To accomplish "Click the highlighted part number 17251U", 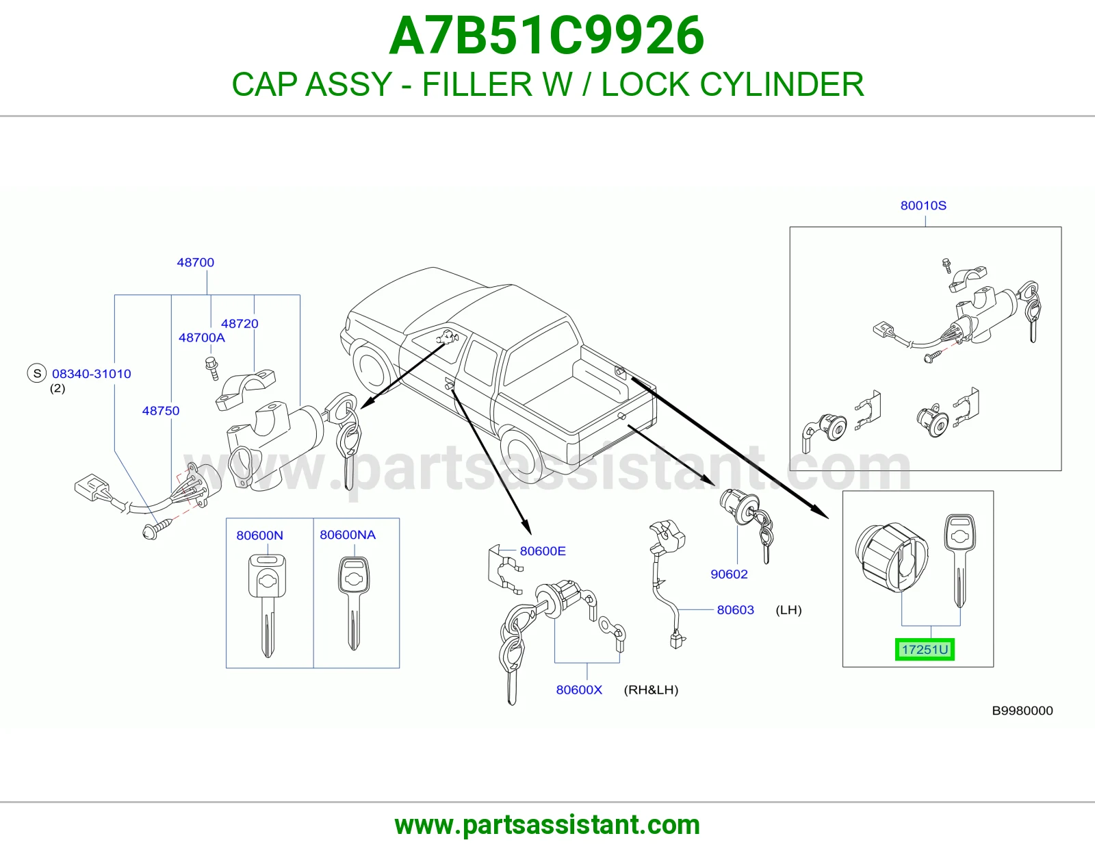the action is [924, 649].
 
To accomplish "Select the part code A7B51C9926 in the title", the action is [547, 36].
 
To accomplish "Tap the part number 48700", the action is [196, 262].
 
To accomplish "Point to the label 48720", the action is [240, 324].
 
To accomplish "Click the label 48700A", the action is [202, 338].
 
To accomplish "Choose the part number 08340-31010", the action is [92, 374].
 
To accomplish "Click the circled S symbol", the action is [37, 374].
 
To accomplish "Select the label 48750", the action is [161, 411].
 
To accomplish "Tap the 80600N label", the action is [259, 535].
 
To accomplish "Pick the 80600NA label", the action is [348, 535].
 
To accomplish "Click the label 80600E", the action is [543, 551].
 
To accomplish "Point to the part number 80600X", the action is [579, 689].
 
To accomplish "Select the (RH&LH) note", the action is [651, 689].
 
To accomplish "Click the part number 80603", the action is [735, 610].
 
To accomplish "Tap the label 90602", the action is [729, 574].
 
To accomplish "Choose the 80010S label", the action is [923, 205].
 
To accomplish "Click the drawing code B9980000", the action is [1022, 711].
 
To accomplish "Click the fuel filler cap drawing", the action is [892, 557].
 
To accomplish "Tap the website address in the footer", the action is [547, 825].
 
